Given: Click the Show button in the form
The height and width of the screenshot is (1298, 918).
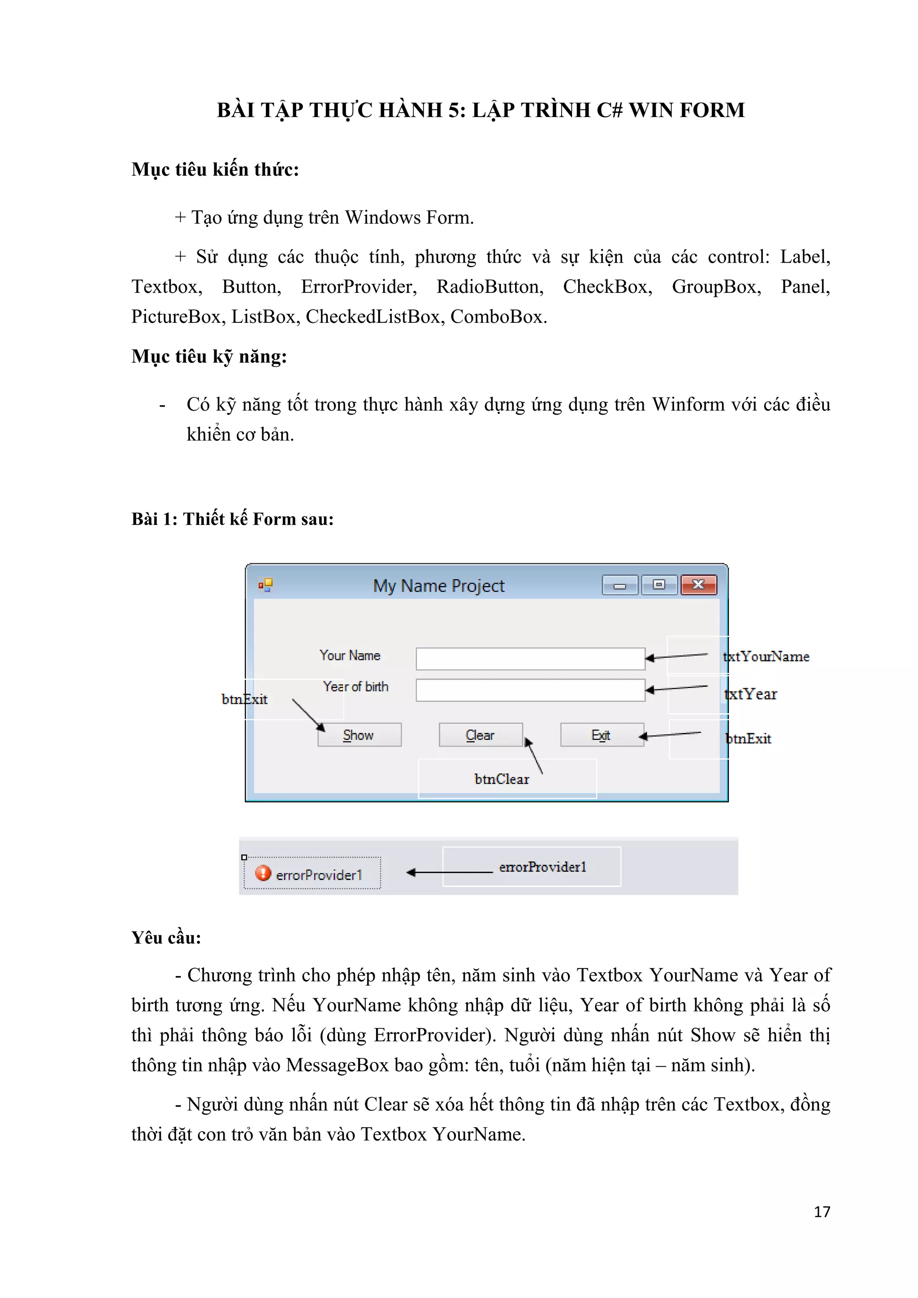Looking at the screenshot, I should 359,735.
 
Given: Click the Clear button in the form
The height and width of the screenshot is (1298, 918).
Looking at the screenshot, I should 481,735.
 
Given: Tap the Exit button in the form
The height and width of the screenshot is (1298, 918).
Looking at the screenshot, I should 602,735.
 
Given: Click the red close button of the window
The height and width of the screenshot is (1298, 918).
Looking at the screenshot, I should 699,585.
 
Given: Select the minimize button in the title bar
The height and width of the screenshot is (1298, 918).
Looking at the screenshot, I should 620,585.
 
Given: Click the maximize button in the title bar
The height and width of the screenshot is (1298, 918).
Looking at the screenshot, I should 659,585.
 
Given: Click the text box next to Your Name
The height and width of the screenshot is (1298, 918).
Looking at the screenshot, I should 530,659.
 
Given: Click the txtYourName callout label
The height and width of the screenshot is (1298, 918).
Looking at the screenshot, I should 766,656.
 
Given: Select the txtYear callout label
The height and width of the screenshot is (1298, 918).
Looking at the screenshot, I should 751,694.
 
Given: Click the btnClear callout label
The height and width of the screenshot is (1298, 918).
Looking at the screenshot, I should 502,779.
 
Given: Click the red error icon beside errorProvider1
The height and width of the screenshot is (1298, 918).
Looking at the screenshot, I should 263,873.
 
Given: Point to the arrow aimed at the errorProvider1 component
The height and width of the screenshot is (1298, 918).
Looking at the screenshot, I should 450,873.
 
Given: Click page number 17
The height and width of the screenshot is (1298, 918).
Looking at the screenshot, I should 822,1211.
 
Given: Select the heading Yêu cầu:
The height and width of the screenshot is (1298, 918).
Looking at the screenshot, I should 166,938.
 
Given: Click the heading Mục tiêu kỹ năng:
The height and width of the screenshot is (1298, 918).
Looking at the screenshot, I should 209,357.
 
